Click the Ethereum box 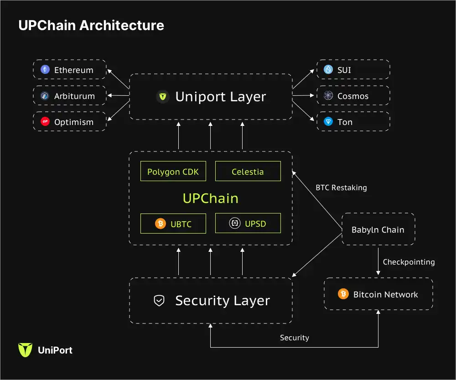pyautogui.click(x=69, y=70)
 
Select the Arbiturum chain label pyautogui.click(x=74, y=96)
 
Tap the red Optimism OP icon pyautogui.click(x=45, y=122)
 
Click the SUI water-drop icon pyautogui.click(x=328, y=70)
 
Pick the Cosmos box pyautogui.click(x=353, y=96)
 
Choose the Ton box pyautogui.click(x=353, y=122)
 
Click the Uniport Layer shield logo pyautogui.click(x=163, y=97)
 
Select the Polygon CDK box pyautogui.click(x=173, y=172)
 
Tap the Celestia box pyautogui.click(x=248, y=172)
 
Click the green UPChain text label pyautogui.click(x=210, y=198)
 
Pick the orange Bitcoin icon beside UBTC pyautogui.click(x=161, y=224)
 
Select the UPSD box pyautogui.click(x=248, y=224)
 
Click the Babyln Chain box pyautogui.click(x=378, y=229)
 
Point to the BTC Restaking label pyautogui.click(x=341, y=187)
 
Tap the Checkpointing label pyautogui.click(x=409, y=262)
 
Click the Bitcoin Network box pyautogui.click(x=378, y=294)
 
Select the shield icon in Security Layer pyautogui.click(x=159, y=301)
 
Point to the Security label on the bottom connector pyautogui.click(x=294, y=338)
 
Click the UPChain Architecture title pyautogui.click(x=91, y=25)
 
